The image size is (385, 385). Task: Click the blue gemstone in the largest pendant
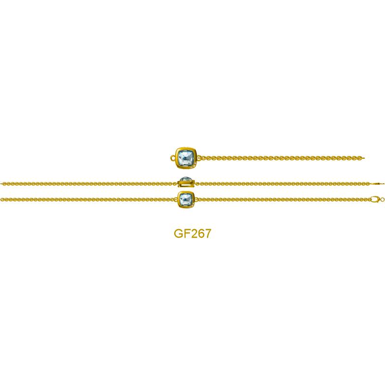tap(186, 158)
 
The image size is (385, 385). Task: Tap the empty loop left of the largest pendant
tap(173, 158)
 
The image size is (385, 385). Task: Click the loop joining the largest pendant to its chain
tap(199, 158)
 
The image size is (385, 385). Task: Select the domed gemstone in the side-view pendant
tap(186, 179)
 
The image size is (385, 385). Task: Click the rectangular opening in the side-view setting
tap(186, 185)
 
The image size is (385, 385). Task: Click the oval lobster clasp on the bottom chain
tap(375, 199)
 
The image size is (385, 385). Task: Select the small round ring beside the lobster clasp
tap(382, 200)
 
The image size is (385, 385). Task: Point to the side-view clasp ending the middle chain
tap(377, 183)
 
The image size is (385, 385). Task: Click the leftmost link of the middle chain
tap(2, 183)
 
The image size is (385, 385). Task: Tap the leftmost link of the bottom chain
tap(2, 199)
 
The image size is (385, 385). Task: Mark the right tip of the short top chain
tap(364, 158)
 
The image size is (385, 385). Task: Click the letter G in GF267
tap(179, 233)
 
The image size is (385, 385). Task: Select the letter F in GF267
tap(188, 233)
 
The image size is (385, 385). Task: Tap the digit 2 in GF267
tap(195, 233)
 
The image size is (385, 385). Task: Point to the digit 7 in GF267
tap(208, 233)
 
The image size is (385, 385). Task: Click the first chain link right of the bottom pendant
tap(198, 199)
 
